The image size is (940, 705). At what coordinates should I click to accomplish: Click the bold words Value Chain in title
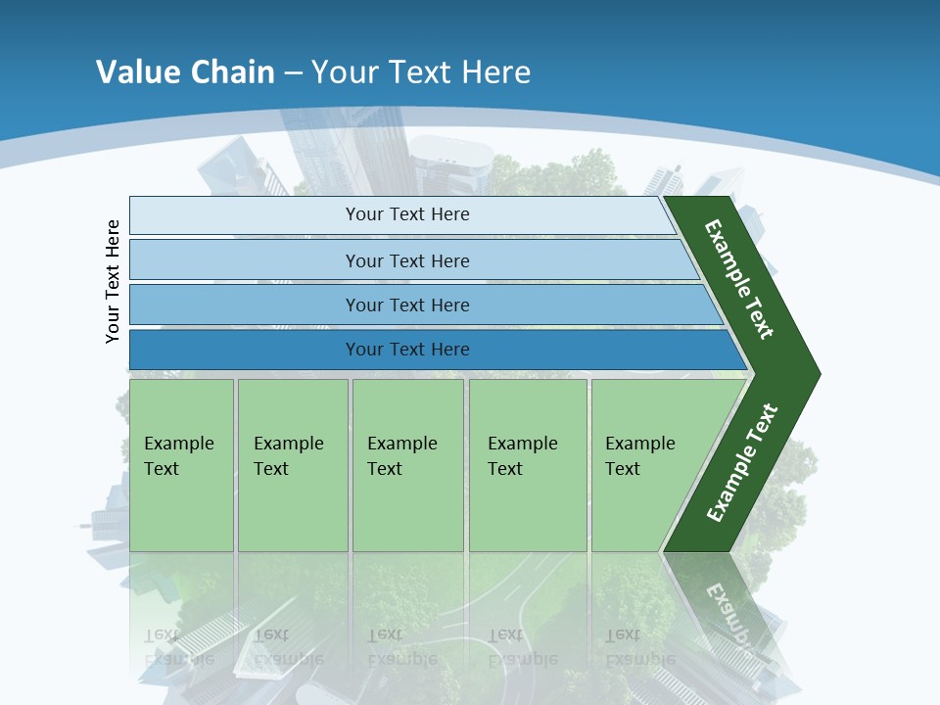185,72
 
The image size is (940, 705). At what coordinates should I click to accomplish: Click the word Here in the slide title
495,72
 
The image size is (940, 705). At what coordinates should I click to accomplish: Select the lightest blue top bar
245,215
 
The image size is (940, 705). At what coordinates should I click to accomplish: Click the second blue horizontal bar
245,260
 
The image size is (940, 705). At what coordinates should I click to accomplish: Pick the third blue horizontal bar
245,305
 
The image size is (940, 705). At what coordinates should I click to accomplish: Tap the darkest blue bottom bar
245,350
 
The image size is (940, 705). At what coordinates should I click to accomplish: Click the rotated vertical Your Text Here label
114,281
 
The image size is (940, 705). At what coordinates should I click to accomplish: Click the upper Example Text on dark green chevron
739,279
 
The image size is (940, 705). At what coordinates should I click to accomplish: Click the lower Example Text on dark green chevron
742,463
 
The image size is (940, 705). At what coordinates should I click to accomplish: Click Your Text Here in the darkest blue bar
407,350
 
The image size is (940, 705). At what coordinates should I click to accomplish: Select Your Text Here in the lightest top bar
407,214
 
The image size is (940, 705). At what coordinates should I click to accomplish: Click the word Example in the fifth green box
639,444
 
